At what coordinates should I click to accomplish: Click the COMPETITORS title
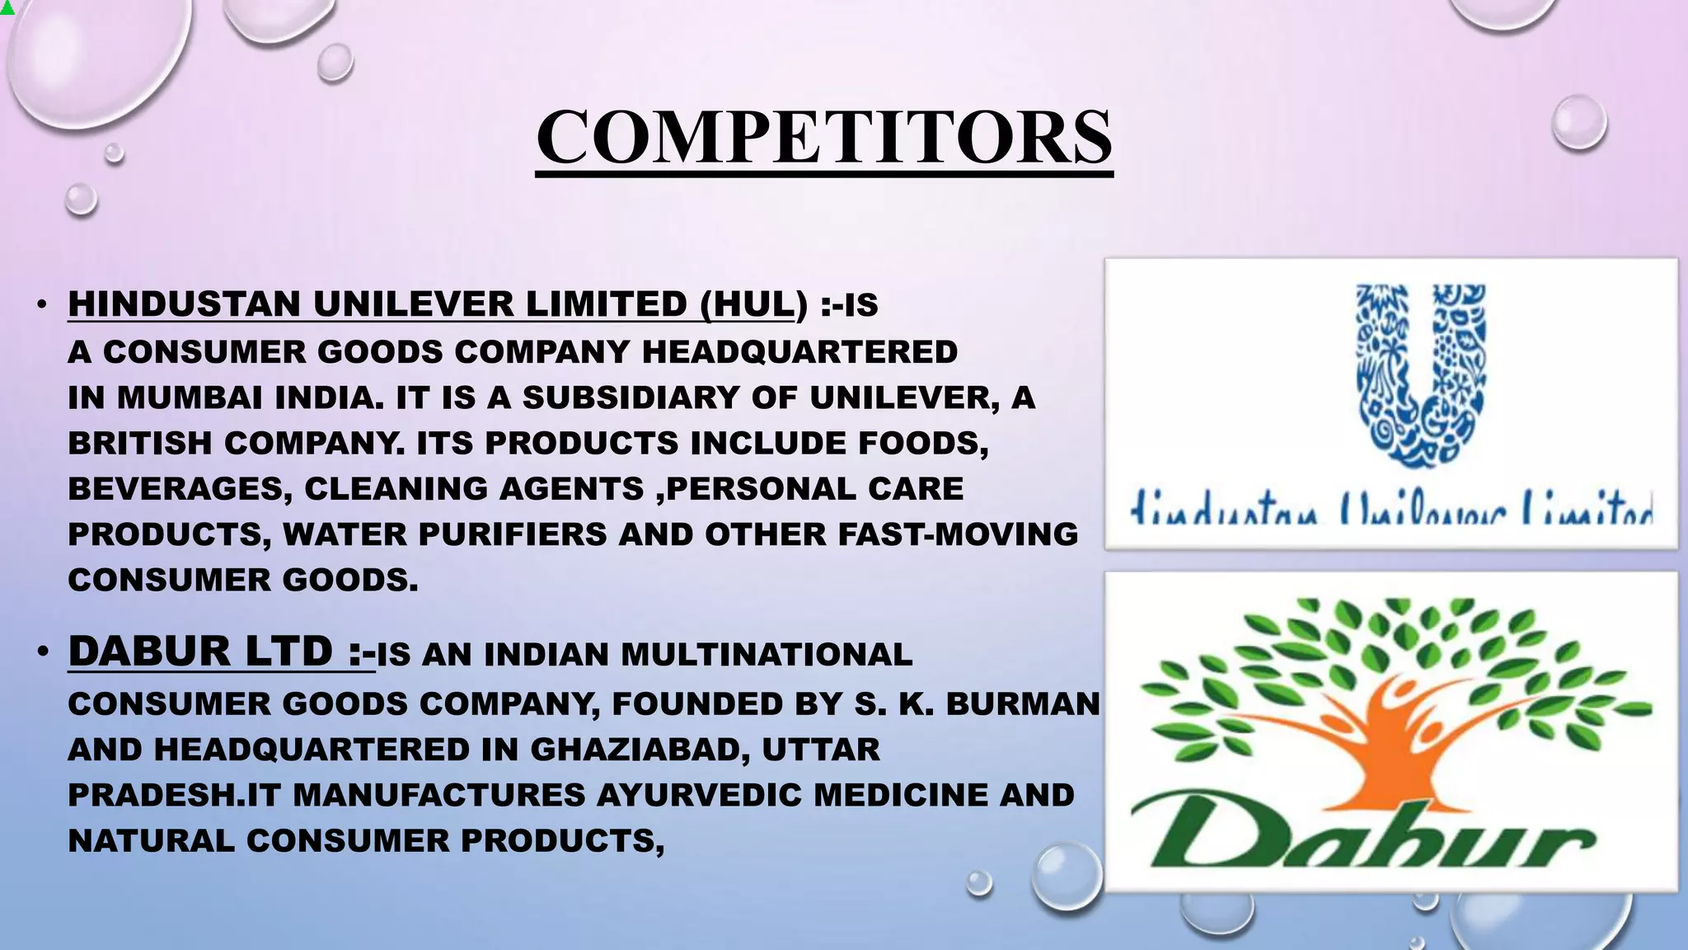click(x=824, y=137)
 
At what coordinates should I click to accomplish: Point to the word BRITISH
click(x=140, y=444)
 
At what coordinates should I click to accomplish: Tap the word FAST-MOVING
click(x=958, y=534)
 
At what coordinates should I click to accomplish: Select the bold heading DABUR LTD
click(x=199, y=651)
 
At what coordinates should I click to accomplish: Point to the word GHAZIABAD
click(x=639, y=750)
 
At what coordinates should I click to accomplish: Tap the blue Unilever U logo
click(x=1421, y=375)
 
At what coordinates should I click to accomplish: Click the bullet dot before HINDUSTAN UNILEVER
click(x=42, y=304)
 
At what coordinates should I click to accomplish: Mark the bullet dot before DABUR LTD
click(x=42, y=652)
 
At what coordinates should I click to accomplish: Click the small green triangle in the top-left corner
click(x=7, y=8)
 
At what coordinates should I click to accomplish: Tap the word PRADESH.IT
click(x=175, y=795)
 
